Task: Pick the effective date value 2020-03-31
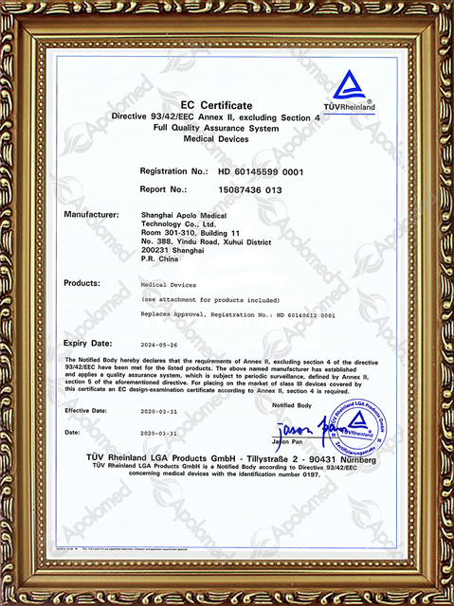[159, 411]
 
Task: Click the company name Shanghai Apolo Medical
[185, 216]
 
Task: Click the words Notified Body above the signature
[291, 404]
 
